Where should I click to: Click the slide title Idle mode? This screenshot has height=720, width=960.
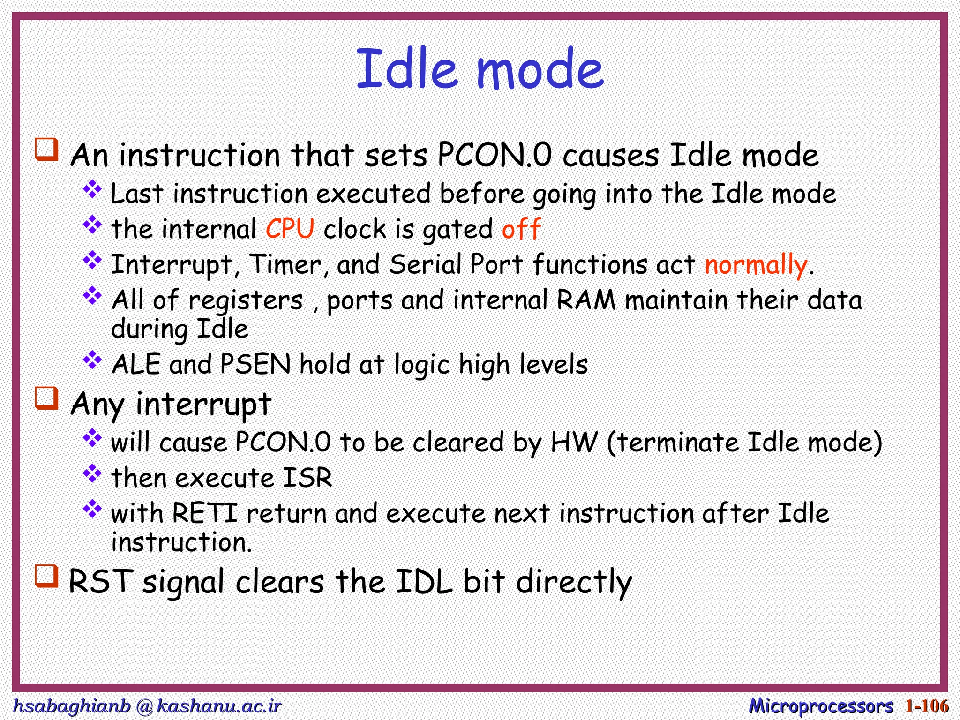[x=480, y=69]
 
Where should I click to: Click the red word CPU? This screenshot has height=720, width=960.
[x=290, y=229]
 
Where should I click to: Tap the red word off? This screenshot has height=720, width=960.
[x=521, y=229]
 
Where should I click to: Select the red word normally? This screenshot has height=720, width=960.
[x=756, y=265]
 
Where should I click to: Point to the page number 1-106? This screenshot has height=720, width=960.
[x=927, y=706]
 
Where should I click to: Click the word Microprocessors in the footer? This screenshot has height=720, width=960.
[x=821, y=706]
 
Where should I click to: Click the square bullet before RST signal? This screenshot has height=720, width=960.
[x=47, y=576]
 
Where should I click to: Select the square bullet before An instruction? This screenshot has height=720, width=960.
[x=47, y=150]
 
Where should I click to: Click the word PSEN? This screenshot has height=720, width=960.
[x=255, y=364]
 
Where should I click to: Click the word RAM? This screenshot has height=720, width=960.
[x=586, y=300]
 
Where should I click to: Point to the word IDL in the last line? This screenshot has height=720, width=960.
[x=424, y=582]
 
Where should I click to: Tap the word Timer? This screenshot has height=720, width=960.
[x=285, y=265]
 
